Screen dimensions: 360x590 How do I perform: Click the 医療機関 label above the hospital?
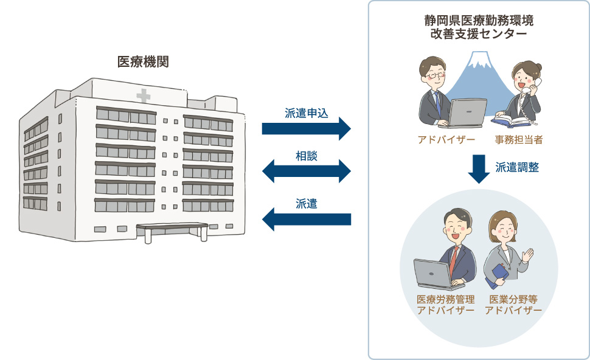pos(143,62)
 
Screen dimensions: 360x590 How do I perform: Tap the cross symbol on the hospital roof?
pos(144,96)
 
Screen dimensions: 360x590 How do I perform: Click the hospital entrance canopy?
pos(172,228)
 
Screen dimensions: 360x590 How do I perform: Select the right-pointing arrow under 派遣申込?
pos(307,128)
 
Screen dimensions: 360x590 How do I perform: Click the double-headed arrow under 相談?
pos(307,171)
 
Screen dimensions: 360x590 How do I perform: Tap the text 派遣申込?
pos(307,113)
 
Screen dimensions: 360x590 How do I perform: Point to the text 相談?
pos(307,156)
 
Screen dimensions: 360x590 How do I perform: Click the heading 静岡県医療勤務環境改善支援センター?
pos(479,27)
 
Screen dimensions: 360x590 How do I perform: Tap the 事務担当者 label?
pos(519,140)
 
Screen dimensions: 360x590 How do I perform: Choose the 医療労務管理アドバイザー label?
pos(446,305)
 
